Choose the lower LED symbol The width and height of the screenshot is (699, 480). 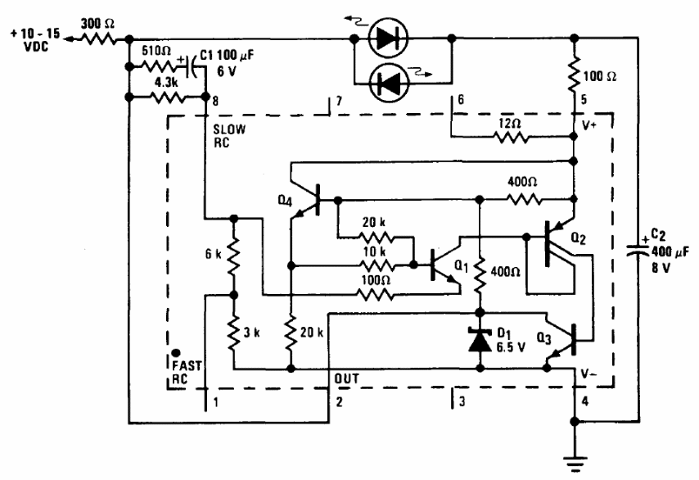tap(386, 83)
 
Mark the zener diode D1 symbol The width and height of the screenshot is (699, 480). tap(480, 341)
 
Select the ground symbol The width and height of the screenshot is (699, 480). tap(575, 462)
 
